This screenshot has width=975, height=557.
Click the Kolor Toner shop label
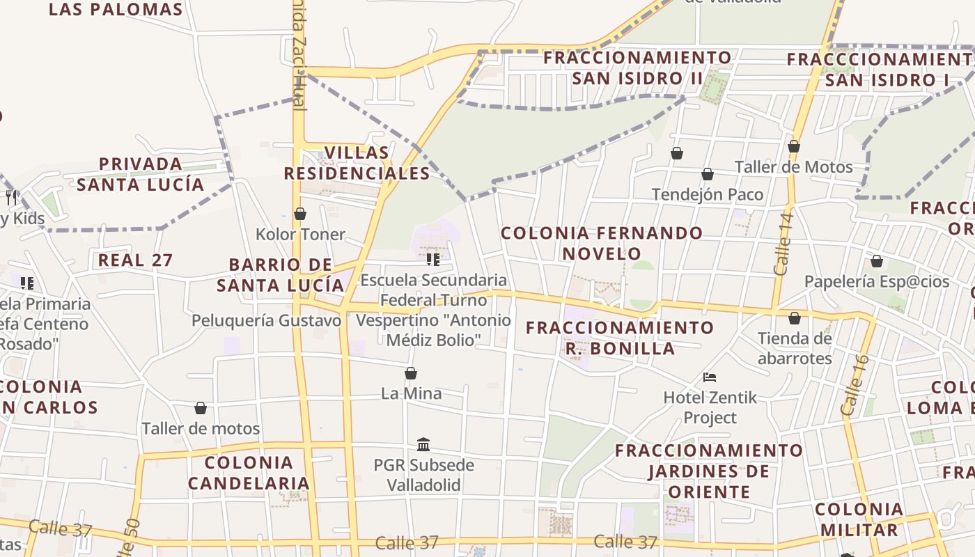pos(300,234)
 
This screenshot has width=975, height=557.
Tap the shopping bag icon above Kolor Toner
pos(300,214)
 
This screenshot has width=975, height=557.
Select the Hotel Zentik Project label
pos(710,407)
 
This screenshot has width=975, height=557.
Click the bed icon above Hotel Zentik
pos(710,377)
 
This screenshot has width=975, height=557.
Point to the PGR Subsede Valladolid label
pos(423,475)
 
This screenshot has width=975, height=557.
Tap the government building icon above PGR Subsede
pos(423,444)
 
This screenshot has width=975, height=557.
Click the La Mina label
pos(411,393)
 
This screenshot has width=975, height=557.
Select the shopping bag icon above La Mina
pos(411,373)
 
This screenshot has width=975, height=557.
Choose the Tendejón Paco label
pos(708,194)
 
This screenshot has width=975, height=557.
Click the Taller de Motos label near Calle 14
pos(793,167)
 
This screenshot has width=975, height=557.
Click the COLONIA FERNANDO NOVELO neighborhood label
pos(602,243)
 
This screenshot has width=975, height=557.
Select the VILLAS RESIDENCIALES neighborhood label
pos(357,163)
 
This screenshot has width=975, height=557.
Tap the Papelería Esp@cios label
pos(877,281)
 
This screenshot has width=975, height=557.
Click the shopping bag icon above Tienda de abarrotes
pos(795,319)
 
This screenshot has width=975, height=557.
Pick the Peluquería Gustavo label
pos(267,320)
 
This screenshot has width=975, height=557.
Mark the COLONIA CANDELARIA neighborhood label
pos(249,473)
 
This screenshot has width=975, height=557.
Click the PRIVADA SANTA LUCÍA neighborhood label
pos(141,174)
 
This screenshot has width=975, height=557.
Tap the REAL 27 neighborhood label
pos(135,260)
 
